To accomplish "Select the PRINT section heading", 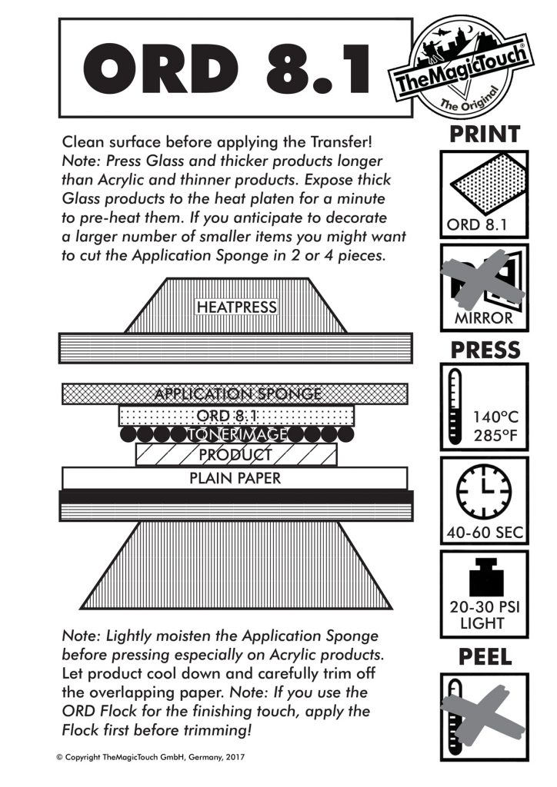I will click(484, 135).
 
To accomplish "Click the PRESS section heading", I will click(484, 350).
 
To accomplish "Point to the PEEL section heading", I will click(485, 657).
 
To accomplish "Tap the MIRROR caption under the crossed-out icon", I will click(484, 318).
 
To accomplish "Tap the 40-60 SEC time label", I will click(484, 532).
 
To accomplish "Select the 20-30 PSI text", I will click(484, 607).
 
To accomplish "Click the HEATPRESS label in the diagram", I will click(236, 307).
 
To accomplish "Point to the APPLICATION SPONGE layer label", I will click(237, 394).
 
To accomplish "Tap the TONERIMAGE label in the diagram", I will click(236, 434).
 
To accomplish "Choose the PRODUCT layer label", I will click(235, 454).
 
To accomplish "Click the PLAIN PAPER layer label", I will click(235, 478).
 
